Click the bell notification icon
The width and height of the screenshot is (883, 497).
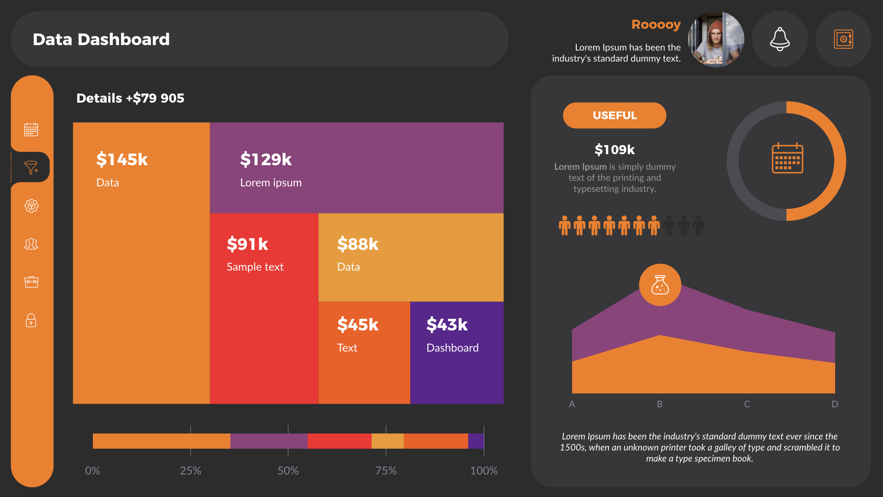[780, 39]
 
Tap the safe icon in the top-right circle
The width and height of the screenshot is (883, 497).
[843, 39]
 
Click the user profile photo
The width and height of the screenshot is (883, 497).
[716, 39]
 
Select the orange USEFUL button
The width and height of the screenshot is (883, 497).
[614, 116]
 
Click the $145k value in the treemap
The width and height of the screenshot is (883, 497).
[122, 160]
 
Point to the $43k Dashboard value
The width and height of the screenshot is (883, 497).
[447, 325]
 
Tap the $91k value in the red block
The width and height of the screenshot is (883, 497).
[247, 244]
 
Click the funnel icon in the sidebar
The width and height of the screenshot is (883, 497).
[31, 168]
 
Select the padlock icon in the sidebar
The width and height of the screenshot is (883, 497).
[31, 320]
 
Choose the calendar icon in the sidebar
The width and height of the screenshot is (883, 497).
[31, 130]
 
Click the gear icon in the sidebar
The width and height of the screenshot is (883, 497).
[31, 206]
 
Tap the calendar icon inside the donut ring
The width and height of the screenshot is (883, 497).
[787, 158]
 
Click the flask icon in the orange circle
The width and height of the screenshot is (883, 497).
[660, 285]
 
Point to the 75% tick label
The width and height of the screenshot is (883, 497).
[386, 471]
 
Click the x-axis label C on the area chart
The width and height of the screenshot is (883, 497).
[747, 404]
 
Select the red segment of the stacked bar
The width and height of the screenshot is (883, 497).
[339, 441]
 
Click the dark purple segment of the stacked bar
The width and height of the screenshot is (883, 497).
[476, 441]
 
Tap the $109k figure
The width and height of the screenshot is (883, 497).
[614, 150]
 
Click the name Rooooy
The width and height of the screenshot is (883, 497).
[656, 24]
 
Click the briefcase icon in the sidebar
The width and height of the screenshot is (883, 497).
[31, 282]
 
